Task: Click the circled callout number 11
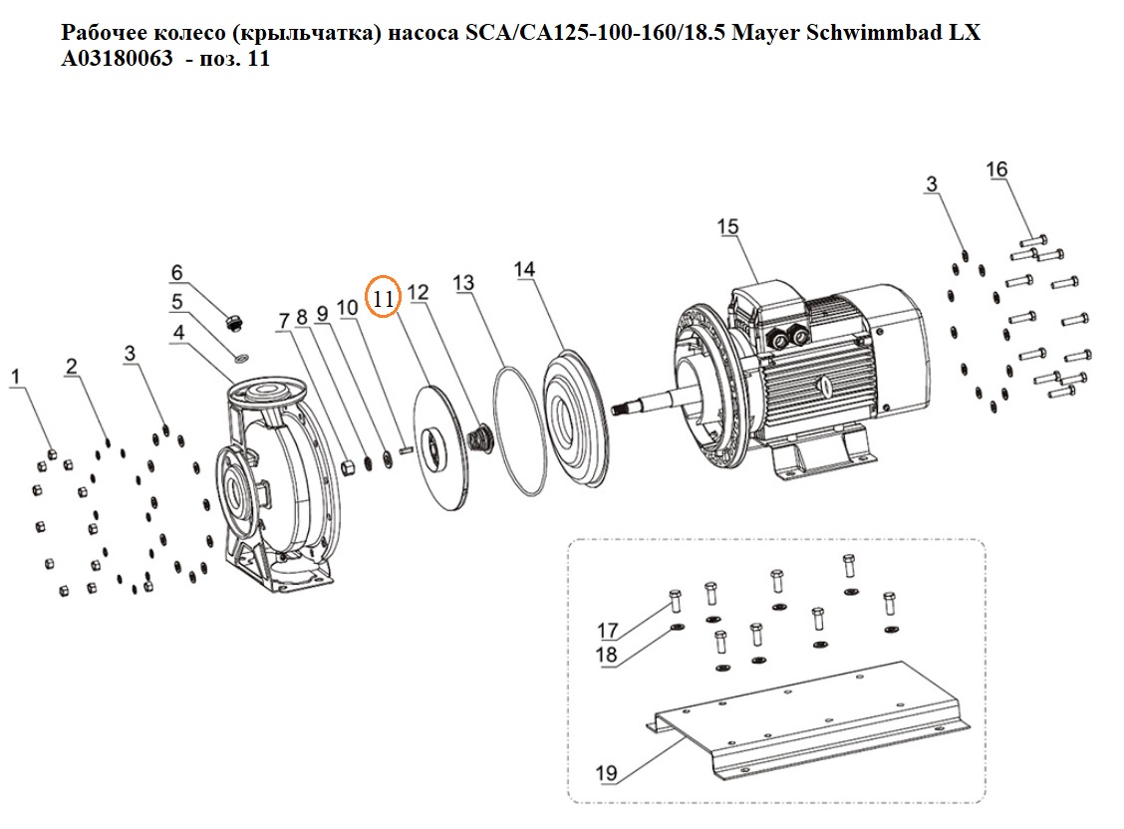(383, 297)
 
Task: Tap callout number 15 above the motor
(727, 226)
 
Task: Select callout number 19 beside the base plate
(607, 773)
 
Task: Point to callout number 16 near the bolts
(996, 169)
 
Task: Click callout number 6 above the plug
(177, 272)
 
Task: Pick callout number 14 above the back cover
(524, 269)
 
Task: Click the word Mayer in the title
(764, 33)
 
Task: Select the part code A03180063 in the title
(117, 58)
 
